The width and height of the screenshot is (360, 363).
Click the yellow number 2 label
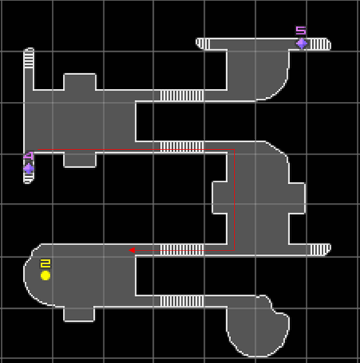click(45, 263)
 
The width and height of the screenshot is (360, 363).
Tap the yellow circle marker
click(45, 275)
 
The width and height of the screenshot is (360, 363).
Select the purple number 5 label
click(301, 30)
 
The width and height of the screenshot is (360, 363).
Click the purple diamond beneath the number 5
click(302, 44)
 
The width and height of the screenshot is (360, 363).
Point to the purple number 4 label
click(29, 156)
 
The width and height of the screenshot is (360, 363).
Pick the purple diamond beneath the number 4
click(29, 169)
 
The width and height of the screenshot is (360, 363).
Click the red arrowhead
click(131, 250)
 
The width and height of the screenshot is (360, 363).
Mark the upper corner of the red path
click(235, 150)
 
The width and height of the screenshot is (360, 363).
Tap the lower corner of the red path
click(235, 250)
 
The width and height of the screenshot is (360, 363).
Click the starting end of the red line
click(38, 150)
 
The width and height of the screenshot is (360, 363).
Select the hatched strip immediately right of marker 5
click(319, 44)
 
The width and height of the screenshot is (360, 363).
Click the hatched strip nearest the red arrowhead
click(182, 250)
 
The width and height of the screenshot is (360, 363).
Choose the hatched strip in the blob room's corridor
click(182, 301)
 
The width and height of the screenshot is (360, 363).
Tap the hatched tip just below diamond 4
click(29, 178)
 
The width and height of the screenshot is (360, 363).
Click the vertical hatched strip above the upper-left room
click(29, 58)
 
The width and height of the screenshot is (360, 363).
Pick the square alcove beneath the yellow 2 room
click(79, 314)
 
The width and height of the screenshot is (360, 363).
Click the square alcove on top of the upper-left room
click(80, 82)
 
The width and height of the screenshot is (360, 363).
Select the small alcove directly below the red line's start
click(80, 160)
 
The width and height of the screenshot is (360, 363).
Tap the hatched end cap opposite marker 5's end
click(203, 44)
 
